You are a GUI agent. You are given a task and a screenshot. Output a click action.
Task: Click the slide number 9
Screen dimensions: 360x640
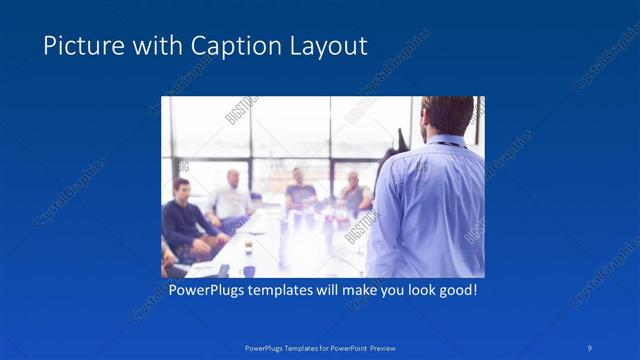[590, 347]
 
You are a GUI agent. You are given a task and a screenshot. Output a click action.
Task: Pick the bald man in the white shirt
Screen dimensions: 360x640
[232, 195]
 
